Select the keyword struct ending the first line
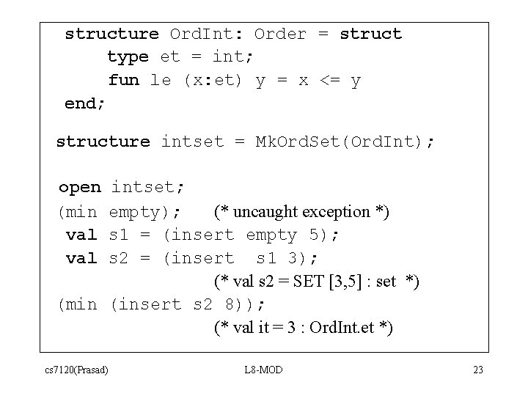click(370, 34)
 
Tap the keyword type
click(128, 56)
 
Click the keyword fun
click(123, 80)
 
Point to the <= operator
click(329, 80)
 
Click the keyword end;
click(85, 103)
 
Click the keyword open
click(79, 188)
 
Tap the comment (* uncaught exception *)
click(301, 212)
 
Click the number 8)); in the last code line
click(250, 304)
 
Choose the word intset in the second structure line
click(191, 141)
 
